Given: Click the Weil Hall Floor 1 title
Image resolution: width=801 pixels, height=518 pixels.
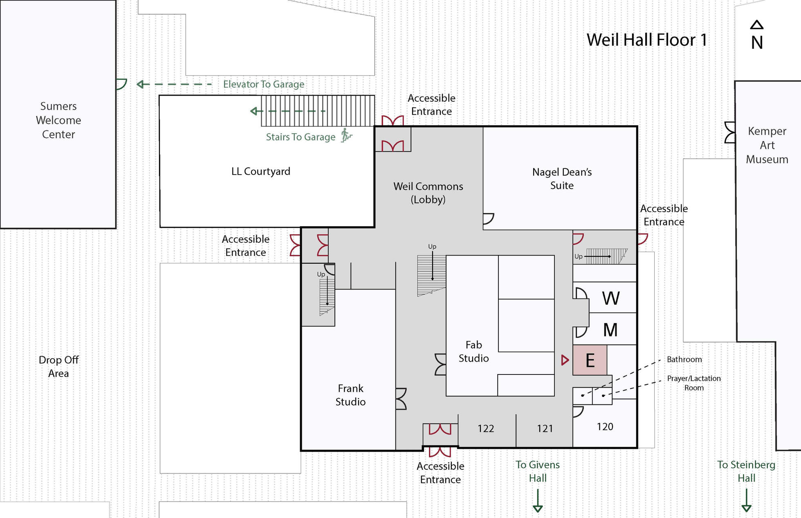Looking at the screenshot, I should tap(646, 40).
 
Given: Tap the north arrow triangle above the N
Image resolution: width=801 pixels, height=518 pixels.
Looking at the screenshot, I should tap(756, 25).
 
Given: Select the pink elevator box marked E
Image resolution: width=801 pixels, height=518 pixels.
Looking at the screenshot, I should tap(589, 360).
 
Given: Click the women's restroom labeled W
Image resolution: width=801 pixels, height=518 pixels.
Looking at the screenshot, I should tap(610, 298).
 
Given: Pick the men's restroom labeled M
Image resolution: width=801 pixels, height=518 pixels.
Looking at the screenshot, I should tap(610, 330).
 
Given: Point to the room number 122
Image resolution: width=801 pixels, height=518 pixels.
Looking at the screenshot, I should tap(486, 428).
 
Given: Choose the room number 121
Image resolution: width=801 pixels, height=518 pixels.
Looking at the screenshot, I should tap(545, 428).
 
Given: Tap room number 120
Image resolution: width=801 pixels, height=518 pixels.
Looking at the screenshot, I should tap(605, 427).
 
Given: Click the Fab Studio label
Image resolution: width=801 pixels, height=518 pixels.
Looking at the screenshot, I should tap(473, 352).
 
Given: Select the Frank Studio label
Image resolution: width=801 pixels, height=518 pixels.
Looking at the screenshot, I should tap(350, 395).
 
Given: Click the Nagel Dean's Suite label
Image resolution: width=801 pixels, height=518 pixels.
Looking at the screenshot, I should tap(562, 179).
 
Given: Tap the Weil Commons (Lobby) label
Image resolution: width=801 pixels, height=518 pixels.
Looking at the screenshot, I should tap(428, 193).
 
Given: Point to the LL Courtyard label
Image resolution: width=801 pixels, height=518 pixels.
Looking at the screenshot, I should tap(261, 171).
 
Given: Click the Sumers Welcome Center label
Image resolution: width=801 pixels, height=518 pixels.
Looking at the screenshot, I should tap(58, 120).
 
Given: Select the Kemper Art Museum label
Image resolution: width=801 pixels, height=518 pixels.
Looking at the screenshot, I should tap(767, 145).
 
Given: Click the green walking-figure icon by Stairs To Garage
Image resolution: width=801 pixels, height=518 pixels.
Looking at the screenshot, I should tap(346, 135).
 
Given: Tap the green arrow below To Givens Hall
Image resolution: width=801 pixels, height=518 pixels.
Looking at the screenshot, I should tap(538, 501).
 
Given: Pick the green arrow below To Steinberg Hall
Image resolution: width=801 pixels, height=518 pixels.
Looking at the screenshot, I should tap(746, 501).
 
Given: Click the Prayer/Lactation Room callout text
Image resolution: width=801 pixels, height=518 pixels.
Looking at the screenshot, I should tap(694, 383).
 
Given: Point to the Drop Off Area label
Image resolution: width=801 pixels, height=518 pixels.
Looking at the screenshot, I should tap(58, 366).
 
